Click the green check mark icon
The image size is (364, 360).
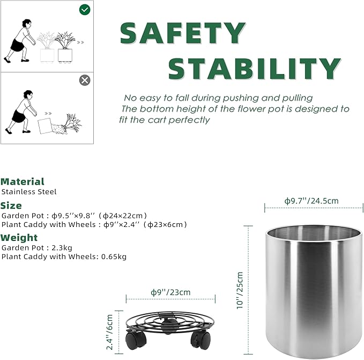[x=85, y=10]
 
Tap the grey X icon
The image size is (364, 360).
[x=85, y=80]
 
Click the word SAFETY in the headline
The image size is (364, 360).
[x=183, y=33]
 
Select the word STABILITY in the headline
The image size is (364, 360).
[x=254, y=69]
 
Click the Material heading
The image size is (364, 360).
[x=23, y=182]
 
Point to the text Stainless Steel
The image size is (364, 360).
[x=29, y=192]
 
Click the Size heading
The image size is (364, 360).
[x=11, y=205]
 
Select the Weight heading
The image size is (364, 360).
[x=19, y=238]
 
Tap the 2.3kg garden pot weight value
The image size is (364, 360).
[x=62, y=248]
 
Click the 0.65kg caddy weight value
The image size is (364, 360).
[x=114, y=256]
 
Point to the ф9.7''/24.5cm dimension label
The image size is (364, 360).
[x=311, y=201]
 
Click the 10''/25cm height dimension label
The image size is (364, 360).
[x=240, y=290]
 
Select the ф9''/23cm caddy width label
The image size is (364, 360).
[x=170, y=292]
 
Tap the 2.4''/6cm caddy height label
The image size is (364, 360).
[x=109, y=332]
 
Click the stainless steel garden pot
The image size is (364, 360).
[x=314, y=289]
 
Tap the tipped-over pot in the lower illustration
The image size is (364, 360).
[x=44, y=126]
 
